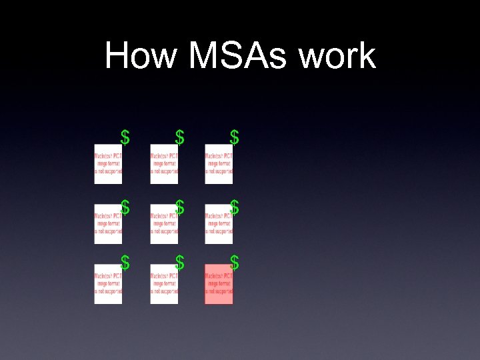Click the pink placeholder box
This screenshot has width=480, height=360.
pyautogui.click(x=219, y=285)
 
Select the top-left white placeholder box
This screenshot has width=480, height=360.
pyautogui.click(x=108, y=164)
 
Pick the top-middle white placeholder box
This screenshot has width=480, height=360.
pyautogui.click(x=164, y=164)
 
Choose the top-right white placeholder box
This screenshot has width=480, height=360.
pyautogui.click(x=219, y=164)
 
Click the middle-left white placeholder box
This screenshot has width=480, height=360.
pyautogui.click(x=108, y=224)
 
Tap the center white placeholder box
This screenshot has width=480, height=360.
pyautogui.click(x=164, y=224)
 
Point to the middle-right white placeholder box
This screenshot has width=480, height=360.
pyautogui.click(x=219, y=224)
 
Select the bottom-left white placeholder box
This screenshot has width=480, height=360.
pyautogui.click(x=108, y=285)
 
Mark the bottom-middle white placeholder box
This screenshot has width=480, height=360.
pyautogui.click(x=164, y=285)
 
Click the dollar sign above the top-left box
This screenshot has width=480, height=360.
pyautogui.click(x=125, y=137)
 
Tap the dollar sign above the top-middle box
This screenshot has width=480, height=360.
pyautogui.click(x=179, y=137)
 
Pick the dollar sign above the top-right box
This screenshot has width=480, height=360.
pyautogui.click(x=234, y=137)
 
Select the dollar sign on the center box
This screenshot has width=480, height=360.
pyautogui.click(x=179, y=208)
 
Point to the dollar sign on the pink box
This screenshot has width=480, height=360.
pyautogui.click(x=234, y=263)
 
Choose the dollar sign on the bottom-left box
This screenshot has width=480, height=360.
pyautogui.click(x=125, y=263)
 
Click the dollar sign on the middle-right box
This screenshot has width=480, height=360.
pyautogui.click(x=234, y=208)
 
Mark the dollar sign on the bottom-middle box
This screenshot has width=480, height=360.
pyautogui.click(x=179, y=263)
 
